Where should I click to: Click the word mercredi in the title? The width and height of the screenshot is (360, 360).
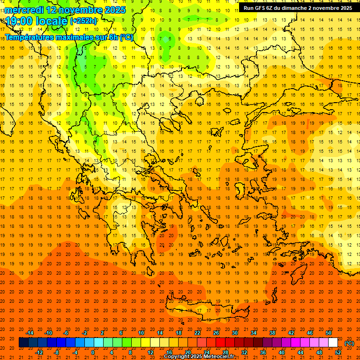[24, 10]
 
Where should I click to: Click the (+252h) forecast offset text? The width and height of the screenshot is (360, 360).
[83, 21]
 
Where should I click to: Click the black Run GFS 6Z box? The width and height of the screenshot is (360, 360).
[298, 8]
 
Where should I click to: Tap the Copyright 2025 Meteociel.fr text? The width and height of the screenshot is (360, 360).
[199, 357]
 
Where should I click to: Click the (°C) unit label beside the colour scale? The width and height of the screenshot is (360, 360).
[349, 343]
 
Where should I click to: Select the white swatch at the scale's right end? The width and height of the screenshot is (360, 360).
[333, 343]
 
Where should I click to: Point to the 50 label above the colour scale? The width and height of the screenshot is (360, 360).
[329, 333]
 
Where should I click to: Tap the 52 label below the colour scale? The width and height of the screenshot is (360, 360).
[338, 352]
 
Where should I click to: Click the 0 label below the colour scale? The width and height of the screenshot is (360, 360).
[93, 352]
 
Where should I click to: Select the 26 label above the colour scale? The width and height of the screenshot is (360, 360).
[216, 333]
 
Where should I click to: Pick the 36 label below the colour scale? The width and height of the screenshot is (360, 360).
[263, 352]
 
